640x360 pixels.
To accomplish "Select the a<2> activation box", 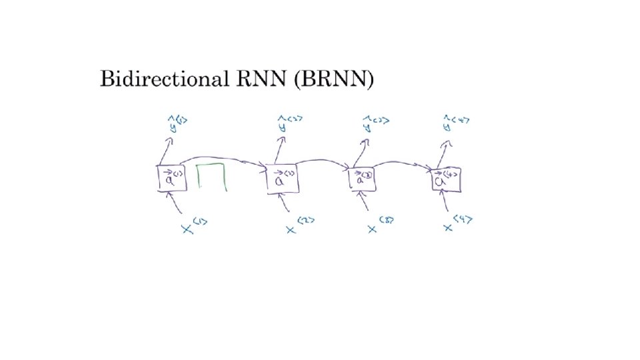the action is [x=282, y=179].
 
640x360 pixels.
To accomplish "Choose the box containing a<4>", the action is [x=446, y=179].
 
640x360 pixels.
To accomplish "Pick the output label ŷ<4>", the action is [x=456, y=123].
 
